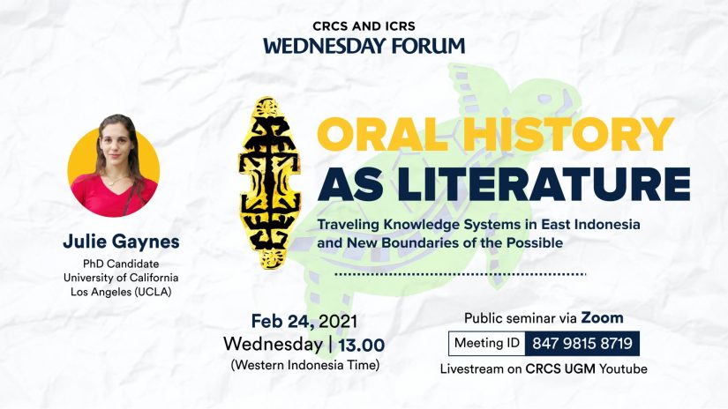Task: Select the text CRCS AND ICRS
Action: (364, 26)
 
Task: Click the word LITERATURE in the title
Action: (544, 184)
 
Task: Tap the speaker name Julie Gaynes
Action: (121, 242)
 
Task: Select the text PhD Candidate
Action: (121, 264)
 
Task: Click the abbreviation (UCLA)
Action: (153, 292)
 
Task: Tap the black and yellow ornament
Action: (269, 182)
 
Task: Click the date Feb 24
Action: (282, 321)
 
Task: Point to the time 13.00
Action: (361, 345)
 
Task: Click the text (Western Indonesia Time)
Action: (305, 365)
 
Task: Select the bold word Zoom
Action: (602, 317)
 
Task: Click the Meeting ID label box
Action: (486, 344)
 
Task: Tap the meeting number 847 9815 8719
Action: (582, 344)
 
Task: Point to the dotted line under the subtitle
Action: (460, 274)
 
